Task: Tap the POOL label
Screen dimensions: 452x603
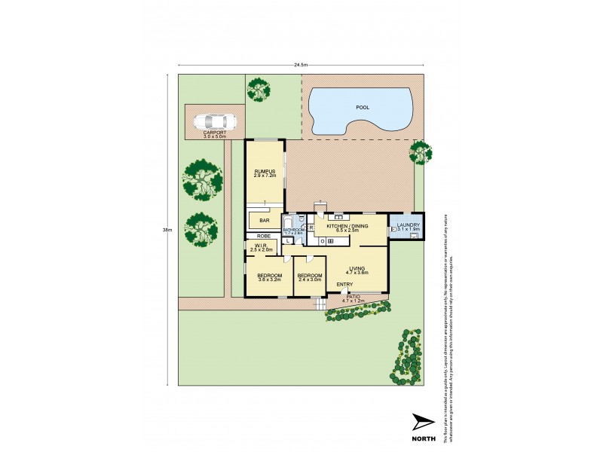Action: (363, 108)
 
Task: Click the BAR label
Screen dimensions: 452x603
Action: (265, 221)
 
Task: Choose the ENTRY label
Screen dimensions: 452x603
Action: (345, 284)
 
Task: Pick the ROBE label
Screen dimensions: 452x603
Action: (264, 236)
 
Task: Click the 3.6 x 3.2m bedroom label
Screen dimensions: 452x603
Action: (269, 277)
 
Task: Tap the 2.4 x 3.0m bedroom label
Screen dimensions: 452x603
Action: (309, 277)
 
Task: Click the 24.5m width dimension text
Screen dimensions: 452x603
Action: (301, 66)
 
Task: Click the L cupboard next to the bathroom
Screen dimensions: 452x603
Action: (289, 241)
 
